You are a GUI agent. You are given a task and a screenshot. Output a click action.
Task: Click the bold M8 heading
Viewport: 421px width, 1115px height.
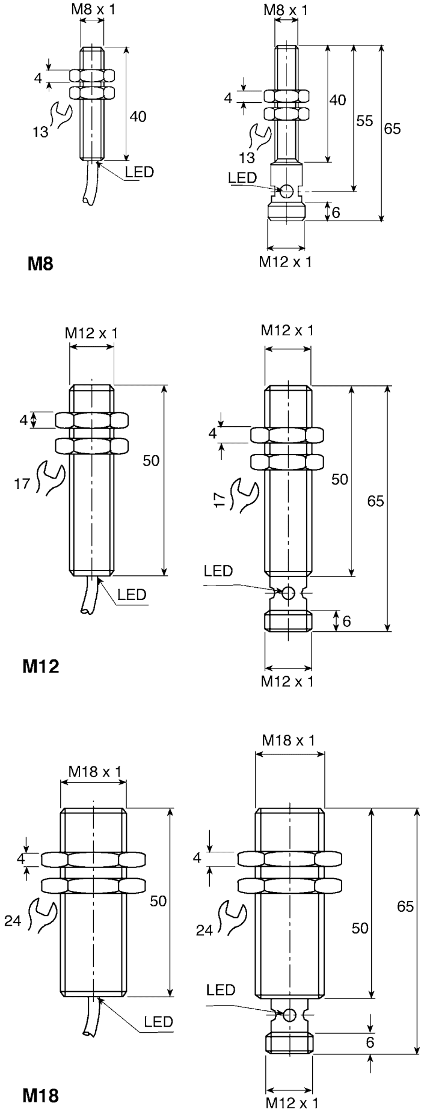40,263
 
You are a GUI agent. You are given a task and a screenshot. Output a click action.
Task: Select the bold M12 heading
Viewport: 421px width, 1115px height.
40,666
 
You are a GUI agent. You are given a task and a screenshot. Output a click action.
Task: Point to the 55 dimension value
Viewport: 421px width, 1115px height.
364,121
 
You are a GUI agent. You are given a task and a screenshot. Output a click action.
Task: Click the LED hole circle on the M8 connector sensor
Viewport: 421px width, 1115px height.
287,191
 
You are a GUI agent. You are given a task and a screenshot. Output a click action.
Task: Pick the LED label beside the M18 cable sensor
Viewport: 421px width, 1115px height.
159,1021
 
